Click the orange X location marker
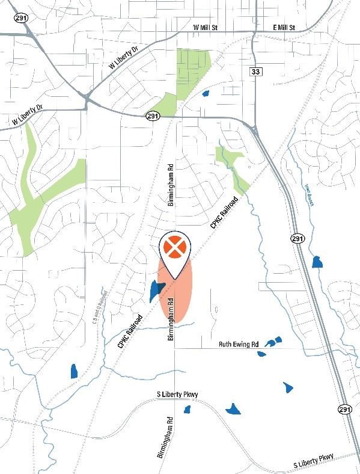click(x=174, y=247)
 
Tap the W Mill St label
click(x=208, y=28)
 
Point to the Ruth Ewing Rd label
click(x=238, y=344)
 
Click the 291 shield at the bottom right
click(x=344, y=409)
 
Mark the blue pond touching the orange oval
click(x=155, y=291)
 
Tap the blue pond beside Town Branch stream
click(x=317, y=262)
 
